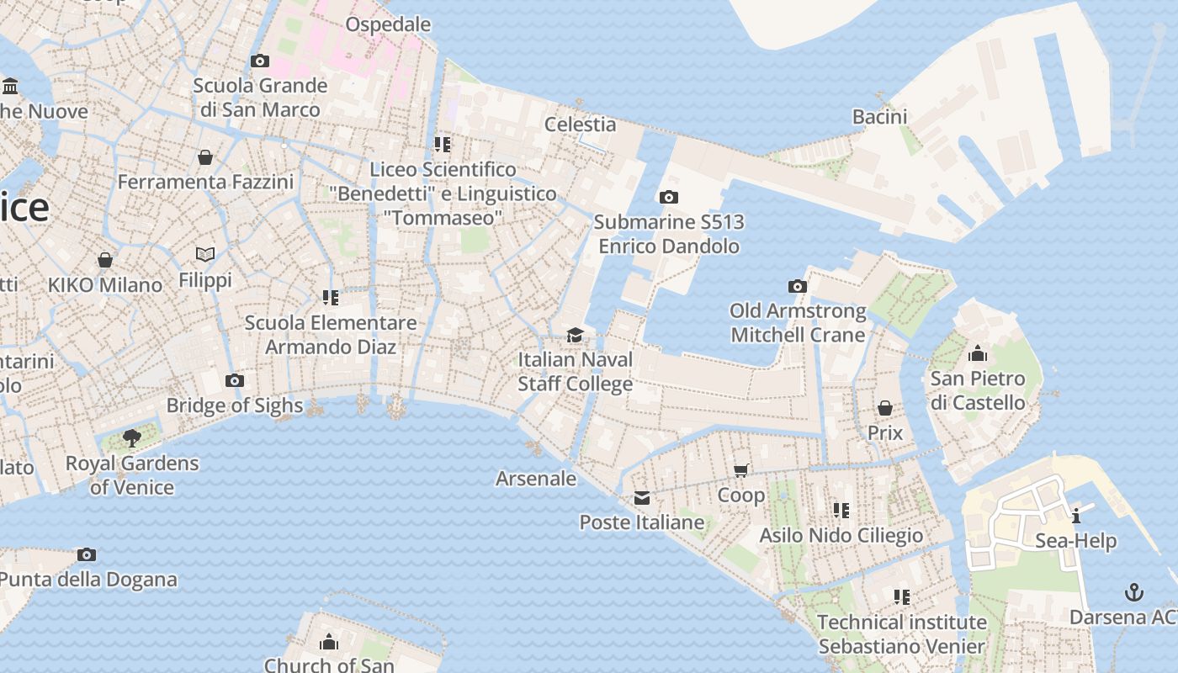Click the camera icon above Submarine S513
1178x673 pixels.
point(669,198)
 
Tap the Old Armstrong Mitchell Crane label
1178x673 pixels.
point(798,323)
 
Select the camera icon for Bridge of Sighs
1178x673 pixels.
point(235,381)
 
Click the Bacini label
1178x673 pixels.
point(879,117)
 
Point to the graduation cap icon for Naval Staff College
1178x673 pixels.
point(575,336)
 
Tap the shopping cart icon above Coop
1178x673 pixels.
point(741,470)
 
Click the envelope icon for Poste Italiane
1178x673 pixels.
point(642,498)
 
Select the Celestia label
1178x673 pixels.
point(580,125)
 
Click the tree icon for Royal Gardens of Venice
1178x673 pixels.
point(131,437)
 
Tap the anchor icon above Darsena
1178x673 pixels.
point(1134,592)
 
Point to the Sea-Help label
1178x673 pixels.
point(1075,541)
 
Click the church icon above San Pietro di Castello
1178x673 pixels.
point(978,353)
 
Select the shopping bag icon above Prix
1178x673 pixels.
point(884,409)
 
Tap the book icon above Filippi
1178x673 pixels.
point(205,254)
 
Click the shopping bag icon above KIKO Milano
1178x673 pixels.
point(105,260)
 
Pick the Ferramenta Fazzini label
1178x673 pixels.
point(205,182)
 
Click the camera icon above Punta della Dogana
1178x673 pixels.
point(87,555)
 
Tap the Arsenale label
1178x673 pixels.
point(536,479)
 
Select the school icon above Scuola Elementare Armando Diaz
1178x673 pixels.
point(331,298)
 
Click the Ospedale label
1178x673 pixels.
point(388,24)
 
